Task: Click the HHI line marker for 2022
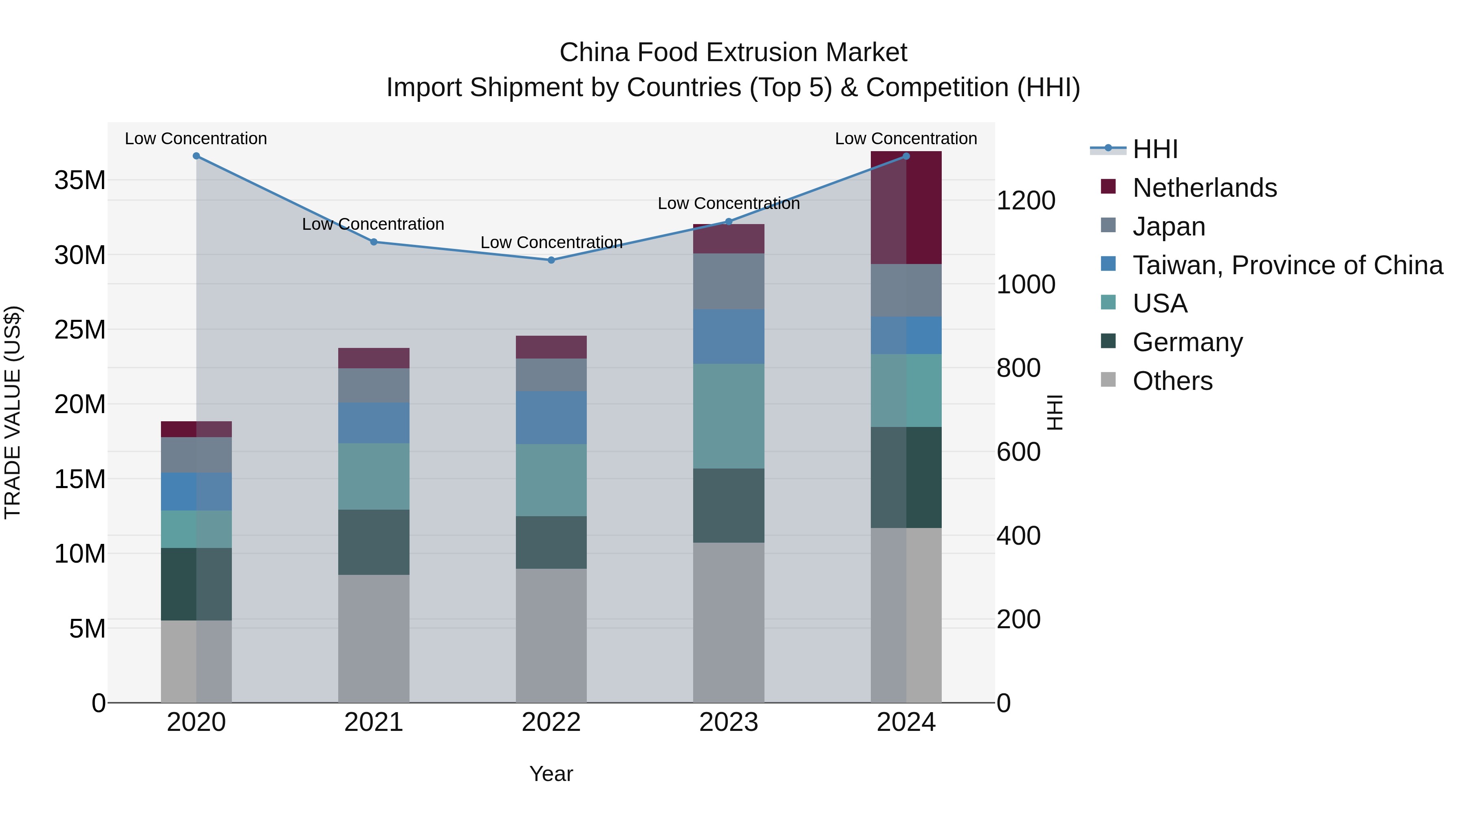pos(551,260)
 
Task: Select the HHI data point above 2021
pos(374,242)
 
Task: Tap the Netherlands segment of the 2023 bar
pos(728,239)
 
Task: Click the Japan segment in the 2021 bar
pos(374,385)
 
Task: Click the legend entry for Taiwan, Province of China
pos(1287,265)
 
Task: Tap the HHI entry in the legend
pos(1154,149)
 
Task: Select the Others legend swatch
pos(1108,380)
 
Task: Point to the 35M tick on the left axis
pos(80,180)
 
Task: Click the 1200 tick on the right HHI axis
pos(1026,200)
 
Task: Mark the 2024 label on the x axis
pos(905,722)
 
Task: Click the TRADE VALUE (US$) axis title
pos(13,412)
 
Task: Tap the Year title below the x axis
pos(551,774)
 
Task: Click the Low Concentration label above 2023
pos(728,203)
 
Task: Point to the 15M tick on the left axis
pos(80,480)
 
